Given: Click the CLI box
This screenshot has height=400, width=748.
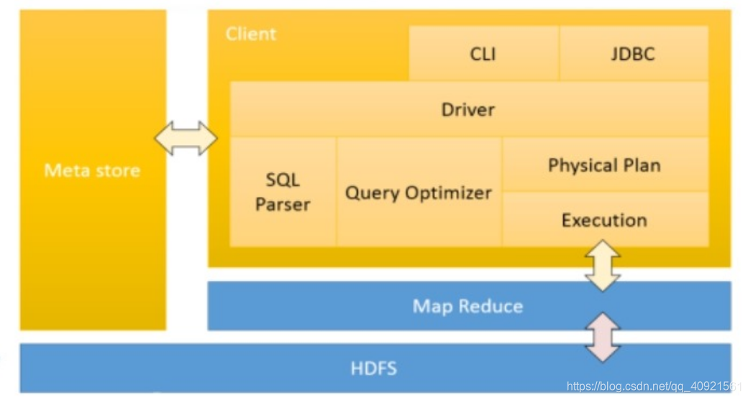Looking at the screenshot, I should point(483,54).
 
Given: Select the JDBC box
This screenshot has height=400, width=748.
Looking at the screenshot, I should point(634,54).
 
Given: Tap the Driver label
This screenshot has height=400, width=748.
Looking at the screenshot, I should point(468,110).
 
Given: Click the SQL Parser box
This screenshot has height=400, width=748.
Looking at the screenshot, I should point(283,192).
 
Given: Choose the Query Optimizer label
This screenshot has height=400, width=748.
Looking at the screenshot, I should point(419,192).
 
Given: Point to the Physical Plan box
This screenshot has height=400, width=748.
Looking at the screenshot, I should point(604,165).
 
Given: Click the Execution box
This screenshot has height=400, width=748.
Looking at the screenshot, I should point(604,220).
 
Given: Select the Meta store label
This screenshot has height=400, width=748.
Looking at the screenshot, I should point(92,170).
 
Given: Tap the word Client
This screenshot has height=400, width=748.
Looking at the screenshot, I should point(250,34).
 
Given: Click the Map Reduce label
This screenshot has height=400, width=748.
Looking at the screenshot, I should point(467,307).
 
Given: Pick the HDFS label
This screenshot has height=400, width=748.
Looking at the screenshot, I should point(374,369).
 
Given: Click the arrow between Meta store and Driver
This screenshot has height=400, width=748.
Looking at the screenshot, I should point(186,138).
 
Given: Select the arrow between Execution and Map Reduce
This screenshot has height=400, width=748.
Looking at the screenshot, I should point(603,265).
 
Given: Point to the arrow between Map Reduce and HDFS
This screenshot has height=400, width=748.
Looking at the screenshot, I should point(603,337).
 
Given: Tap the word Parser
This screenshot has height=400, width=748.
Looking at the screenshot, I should point(283,205).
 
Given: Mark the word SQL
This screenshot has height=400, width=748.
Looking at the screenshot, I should point(283,180).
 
